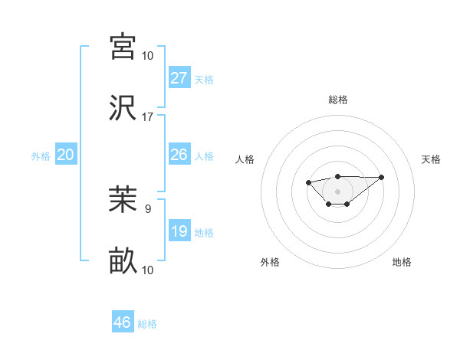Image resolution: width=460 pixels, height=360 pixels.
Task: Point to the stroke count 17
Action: point(148,117)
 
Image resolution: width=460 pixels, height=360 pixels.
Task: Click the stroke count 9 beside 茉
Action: point(148,208)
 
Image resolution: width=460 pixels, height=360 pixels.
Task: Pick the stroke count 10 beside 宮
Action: point(148,55)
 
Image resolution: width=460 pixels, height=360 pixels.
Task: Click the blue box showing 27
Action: point(179,77)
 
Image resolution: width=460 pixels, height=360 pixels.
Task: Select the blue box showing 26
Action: point(179,155)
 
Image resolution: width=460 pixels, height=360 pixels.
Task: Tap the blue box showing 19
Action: point(179,231)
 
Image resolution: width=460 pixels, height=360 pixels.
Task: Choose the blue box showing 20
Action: point(65,155)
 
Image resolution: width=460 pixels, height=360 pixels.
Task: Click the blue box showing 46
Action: point(123,322)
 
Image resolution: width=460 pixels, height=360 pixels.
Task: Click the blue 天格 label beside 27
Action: point(204,80)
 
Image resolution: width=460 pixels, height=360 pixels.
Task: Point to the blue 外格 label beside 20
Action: point(41,156)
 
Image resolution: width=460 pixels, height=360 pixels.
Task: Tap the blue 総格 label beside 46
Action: point(147,324)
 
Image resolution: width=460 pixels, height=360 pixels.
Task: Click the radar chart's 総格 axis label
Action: point(337,100)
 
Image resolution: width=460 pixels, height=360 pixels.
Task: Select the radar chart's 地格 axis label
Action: point(402,262)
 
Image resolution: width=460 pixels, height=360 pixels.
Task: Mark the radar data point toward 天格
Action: point(382,177)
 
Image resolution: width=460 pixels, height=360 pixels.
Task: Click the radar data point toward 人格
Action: point(308,182)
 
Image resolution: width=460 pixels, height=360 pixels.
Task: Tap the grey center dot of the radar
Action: point(337,191)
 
